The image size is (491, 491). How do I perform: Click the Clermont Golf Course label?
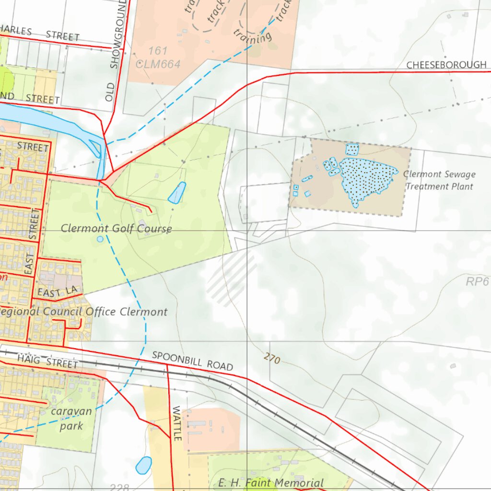coord(116,229)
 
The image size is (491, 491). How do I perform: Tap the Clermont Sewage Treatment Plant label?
coord(439,180)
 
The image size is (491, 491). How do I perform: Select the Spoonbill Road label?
coord(192,361)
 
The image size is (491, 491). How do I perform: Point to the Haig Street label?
coord(47,362)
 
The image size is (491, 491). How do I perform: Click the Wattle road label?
coord(176,423)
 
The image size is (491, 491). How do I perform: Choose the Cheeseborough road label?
coord(446,65)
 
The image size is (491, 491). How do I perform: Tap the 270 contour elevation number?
coord(271,358)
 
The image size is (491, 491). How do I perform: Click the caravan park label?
coord(71,419)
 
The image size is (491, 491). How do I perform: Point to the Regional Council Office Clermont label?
coord(84,312)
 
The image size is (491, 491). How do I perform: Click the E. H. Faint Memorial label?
coord(271,483)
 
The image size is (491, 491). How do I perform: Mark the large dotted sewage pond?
coord(367,178)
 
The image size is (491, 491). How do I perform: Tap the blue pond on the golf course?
coord(177,192)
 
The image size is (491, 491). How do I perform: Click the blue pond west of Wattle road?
coord(143,465)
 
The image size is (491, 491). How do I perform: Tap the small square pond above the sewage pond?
coord(352,149)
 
